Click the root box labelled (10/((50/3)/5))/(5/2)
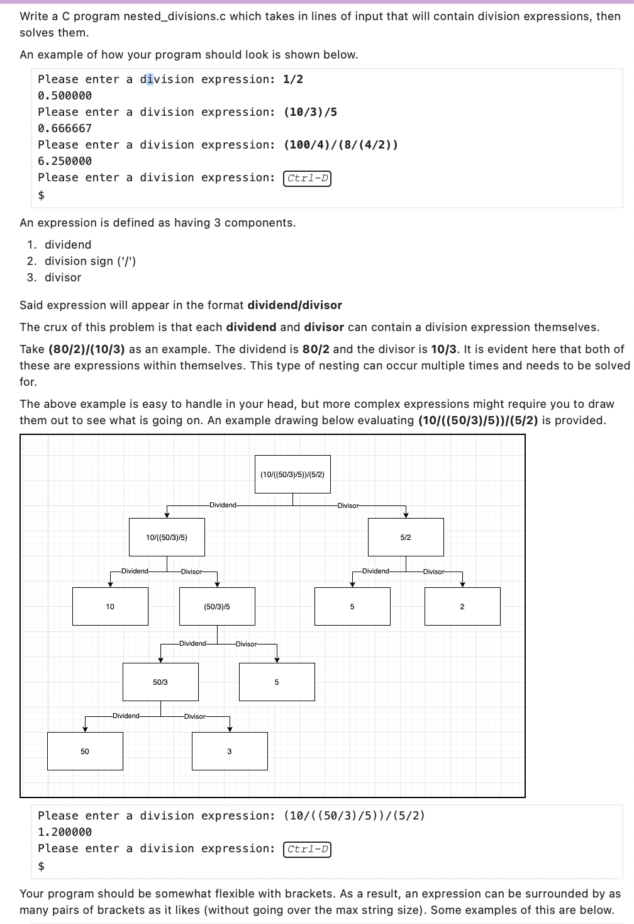coord(292,474)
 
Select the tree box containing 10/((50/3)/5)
coord(167,537)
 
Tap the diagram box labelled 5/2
coord(406,537)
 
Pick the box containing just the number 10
coord(110,606)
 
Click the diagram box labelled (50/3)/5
coord(217,606)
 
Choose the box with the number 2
coord(462,606)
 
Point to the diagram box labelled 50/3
coord(160,682)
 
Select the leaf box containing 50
coord(85,751)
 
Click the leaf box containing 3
coord(230,751)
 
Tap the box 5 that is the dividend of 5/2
coord(352,606)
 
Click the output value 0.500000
coord(65,96)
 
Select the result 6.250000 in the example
coord(65,161)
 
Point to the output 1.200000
coord(65,832)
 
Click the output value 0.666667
coord(65,128)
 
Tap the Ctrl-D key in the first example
coord(308,178)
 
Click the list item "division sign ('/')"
coord(90,261)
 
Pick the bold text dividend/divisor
coord(294,305)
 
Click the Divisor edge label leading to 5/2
coord(348,505)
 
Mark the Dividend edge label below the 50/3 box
coord(126,716)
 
